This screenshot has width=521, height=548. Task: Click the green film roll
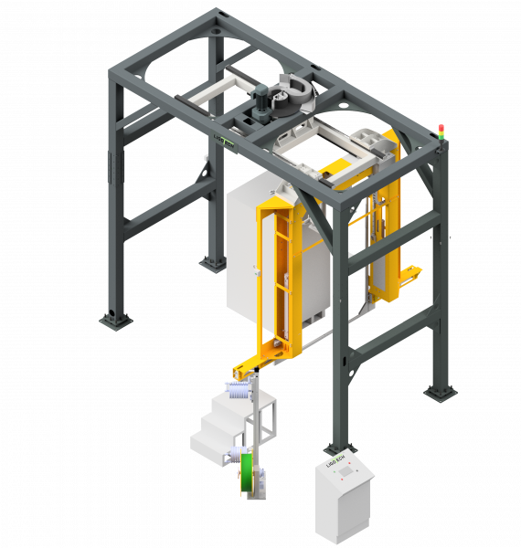247,477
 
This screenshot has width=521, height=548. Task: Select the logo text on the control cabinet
336,463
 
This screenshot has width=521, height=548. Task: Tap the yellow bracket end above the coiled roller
245,370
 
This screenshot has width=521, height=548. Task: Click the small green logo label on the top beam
222,137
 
